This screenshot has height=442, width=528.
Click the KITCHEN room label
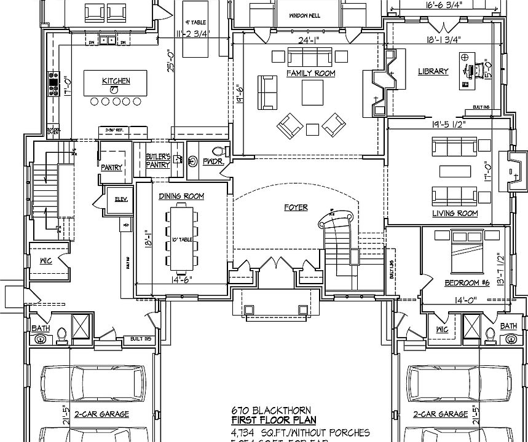pos(116,81)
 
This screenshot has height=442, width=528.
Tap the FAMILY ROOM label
pos(310,73)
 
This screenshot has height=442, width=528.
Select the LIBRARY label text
pos(433,71)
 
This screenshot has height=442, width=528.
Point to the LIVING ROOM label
pos(455,214)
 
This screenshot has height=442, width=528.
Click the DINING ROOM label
pos(181,196)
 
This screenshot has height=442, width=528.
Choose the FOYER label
pos(296,207)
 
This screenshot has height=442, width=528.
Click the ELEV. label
pos(120,198)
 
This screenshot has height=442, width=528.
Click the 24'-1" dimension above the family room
pos(309,42)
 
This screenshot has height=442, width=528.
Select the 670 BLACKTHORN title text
pos(271,410)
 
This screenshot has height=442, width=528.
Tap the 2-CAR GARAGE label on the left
pos(102,414)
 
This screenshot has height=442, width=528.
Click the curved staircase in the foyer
pos(336,230)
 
